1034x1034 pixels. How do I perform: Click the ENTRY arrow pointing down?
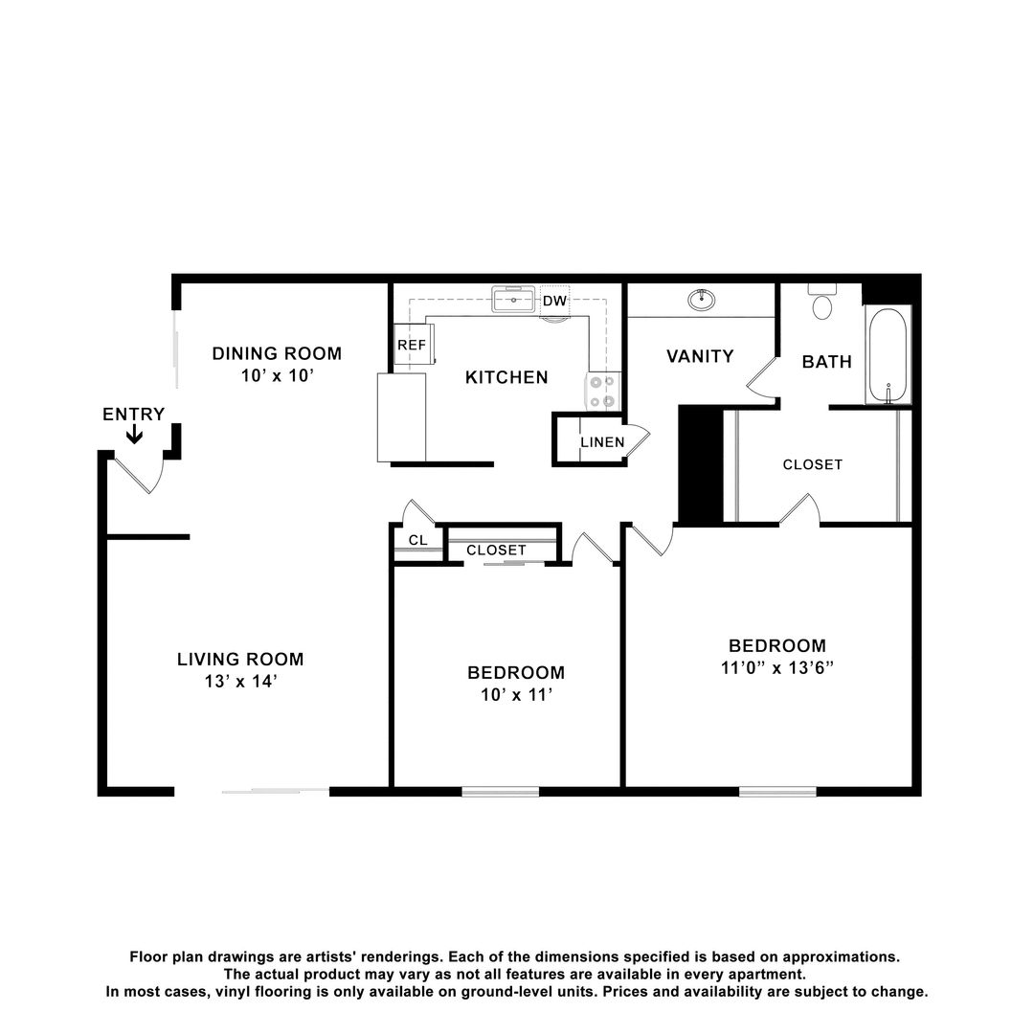(x=135, y=434)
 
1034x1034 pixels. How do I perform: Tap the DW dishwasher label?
(x=554, y=301)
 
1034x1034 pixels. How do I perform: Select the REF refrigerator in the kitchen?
(x=414, y=345)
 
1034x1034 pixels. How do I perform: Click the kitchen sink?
(x=513, y=299)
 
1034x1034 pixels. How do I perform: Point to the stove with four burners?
(x=603, y=391)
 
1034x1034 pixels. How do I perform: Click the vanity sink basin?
(x=702, y=300)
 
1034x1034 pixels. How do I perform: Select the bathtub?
(x=888, y=355)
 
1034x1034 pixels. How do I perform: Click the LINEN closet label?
(x=603, y=441)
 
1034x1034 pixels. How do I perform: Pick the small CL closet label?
(x=418, y=540)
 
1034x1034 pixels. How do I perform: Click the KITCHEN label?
(x=506, y=377)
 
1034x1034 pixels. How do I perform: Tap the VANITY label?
(x=700, y=356)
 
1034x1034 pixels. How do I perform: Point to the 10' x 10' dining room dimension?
(x=277, y=375)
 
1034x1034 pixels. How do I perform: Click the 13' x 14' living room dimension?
(x=240, y=682)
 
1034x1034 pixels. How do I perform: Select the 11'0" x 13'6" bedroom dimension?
(x=777, y=667)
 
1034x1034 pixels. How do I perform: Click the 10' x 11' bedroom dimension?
(x=516, y=694)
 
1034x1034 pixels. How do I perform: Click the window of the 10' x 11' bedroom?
(x=501, y=792)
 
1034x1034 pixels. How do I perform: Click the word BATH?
(x=827, y=361)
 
